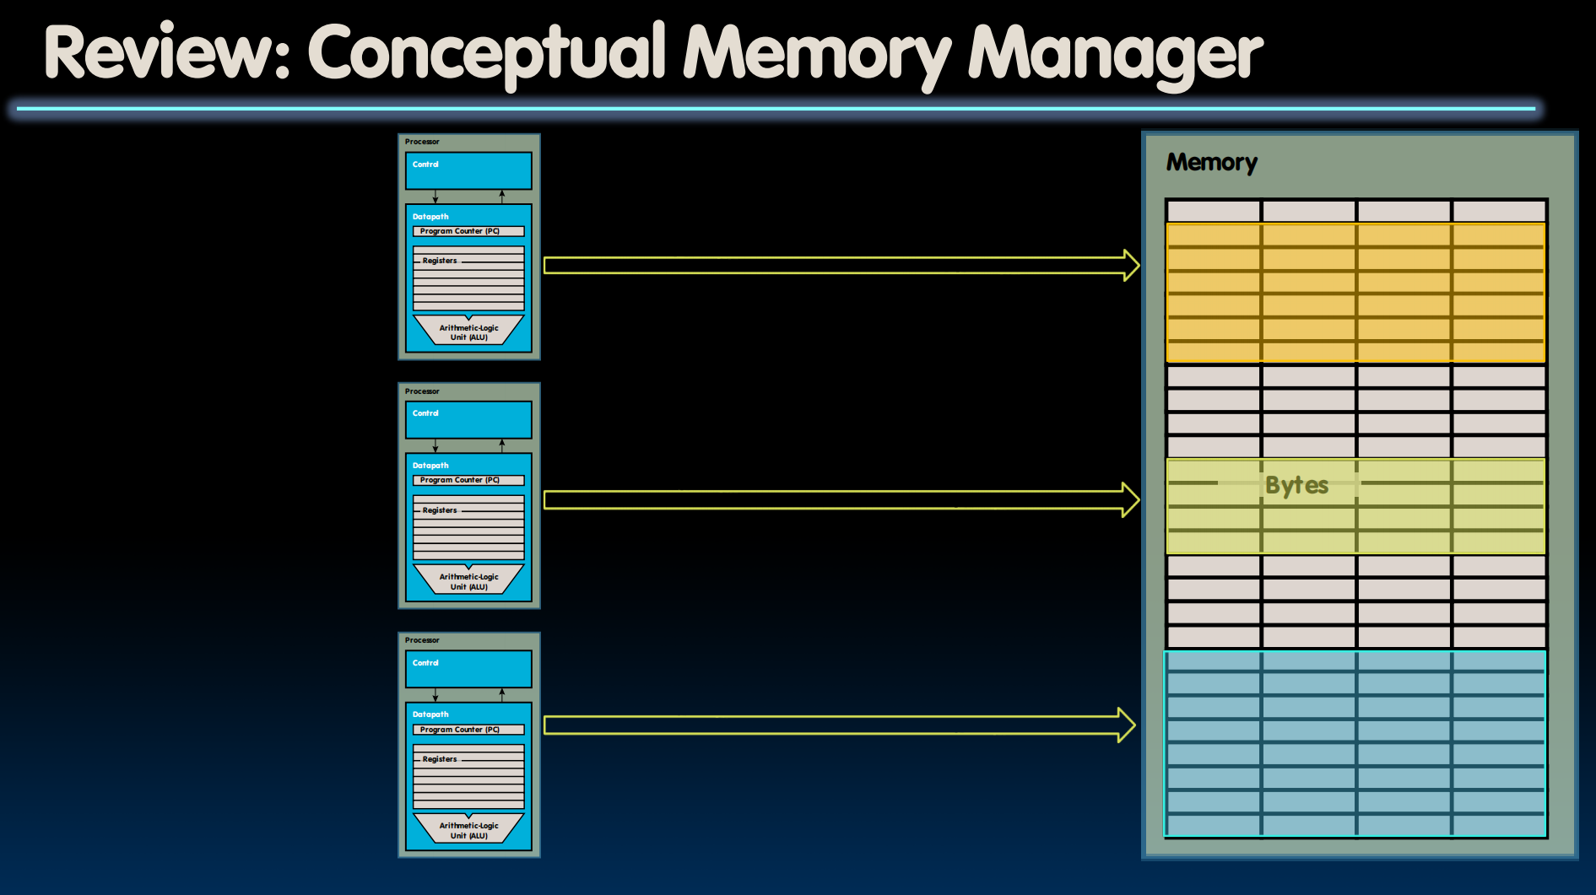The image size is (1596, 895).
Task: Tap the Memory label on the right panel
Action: tap(1211, 162)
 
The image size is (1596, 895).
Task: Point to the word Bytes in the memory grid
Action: tap(1296, 485)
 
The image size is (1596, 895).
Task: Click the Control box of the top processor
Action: tap(468, 171)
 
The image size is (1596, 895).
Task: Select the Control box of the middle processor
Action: tap(468, 420)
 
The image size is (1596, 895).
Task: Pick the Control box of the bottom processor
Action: tap(468, 669)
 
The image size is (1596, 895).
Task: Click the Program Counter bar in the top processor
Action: tap(468, 231)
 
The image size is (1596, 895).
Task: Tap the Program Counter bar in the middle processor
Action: tap(468, 480)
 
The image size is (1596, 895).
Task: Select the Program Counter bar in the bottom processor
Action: tap(468, 730)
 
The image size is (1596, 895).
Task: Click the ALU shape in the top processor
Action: tap(468, 332)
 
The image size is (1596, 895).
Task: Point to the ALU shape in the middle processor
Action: tap(468, 580)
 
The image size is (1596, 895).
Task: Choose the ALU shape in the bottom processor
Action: tap(468, 830)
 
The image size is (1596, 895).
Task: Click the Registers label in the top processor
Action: tap(440, 261)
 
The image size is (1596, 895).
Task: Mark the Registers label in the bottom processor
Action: tap(440, 759)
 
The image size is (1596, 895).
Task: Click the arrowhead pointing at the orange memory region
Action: tap(1131, 266)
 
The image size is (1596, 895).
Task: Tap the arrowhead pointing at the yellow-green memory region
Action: tap(1131, 500)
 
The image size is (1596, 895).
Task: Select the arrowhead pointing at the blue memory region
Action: tap(1128, 725)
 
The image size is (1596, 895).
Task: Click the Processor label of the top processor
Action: tap(422, 142)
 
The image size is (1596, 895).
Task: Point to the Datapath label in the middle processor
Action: tap(430, 466)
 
